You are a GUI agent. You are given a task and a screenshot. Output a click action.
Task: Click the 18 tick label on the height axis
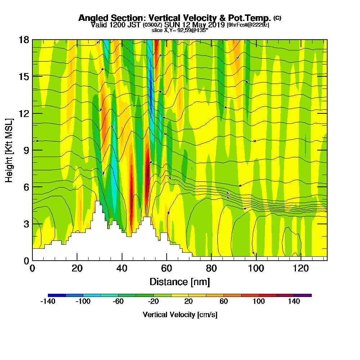pos(24,40)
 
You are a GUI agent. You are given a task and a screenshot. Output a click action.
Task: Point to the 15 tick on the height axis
pos(32,76)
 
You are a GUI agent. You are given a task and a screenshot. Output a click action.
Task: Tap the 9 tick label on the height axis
pos(27,150)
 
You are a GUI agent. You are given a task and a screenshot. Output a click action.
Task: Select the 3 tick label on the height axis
pos(27,224)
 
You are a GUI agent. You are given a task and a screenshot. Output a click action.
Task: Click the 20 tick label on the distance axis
pos(77,268)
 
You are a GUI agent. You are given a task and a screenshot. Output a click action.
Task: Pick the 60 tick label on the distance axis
pos(167,268)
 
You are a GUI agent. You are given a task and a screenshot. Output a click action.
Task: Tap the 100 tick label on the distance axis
pos(256,268)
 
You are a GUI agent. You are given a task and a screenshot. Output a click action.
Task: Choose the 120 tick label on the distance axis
pos(301,268)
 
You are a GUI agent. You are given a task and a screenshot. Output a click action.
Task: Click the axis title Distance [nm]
pos(180,282)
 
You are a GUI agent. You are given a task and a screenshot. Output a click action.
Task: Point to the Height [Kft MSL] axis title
pos(9,150)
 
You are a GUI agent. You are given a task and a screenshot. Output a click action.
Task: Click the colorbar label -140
pos(48,302)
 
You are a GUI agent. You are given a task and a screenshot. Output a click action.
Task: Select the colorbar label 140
pos(294,302)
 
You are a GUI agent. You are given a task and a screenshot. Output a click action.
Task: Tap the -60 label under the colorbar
pos(118,302)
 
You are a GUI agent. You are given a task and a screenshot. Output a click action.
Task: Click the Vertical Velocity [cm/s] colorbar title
pos(180,315)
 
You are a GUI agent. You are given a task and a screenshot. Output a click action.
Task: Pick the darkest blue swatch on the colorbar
pos(57,295)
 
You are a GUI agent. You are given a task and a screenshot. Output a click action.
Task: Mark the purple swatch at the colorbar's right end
pos(303,295)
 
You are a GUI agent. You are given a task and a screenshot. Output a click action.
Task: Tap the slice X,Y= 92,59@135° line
pos(180,30)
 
